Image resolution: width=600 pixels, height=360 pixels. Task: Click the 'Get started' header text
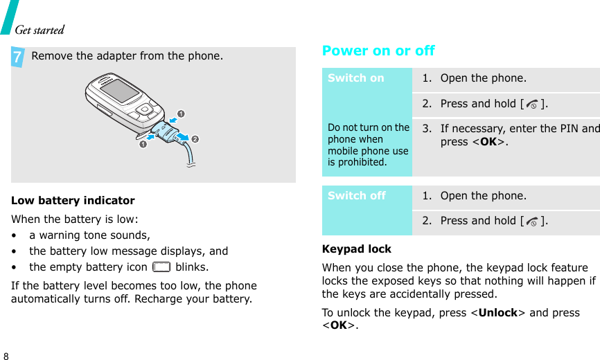(39, 30)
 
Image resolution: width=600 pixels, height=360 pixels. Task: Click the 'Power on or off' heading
(378, 51)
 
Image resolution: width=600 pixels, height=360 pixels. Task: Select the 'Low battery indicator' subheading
(73, 201)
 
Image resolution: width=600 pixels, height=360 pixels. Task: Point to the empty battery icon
(161, 267)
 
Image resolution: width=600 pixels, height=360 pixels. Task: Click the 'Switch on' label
(356, 78)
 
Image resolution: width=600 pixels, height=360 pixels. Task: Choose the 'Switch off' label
(357, 196)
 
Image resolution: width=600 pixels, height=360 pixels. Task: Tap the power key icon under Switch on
(530, 104)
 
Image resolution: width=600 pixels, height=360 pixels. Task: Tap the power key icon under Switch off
(530, 222)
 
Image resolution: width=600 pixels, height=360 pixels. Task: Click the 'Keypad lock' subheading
(357, 249)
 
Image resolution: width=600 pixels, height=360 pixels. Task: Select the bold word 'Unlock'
(497, 312)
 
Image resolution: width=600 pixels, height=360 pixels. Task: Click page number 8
(6, 355)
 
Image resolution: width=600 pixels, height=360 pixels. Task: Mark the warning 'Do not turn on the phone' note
(369, 145)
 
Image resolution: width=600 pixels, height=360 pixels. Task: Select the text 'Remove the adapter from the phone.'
(127, 56)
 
